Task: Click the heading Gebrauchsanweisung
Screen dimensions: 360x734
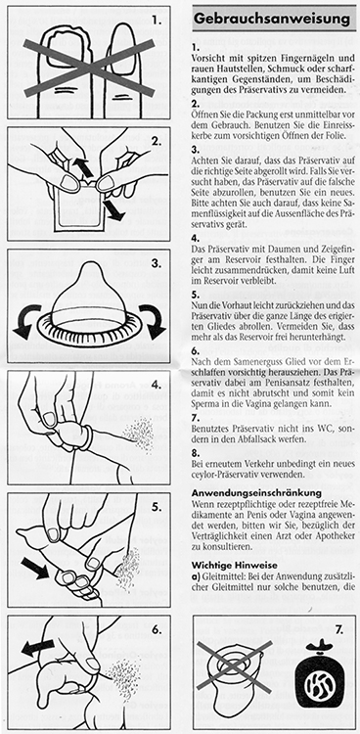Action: click(x=272, y=19)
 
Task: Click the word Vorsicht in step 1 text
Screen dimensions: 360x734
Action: click(x=207, y=60)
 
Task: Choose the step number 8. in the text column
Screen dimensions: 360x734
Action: click(x=196, y=452)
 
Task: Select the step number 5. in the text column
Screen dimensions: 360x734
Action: click(x=196, y=295)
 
